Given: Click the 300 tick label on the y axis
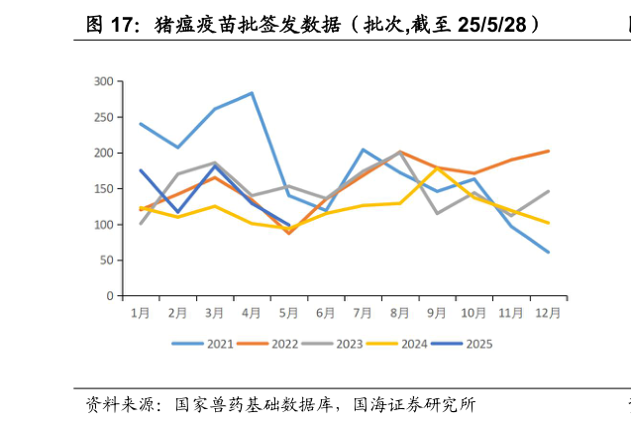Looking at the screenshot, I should (103, 81).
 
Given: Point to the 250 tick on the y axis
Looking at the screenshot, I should (103, 117).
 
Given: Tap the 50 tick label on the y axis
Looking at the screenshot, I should (106, 261).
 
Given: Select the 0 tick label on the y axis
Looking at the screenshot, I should (109, 296).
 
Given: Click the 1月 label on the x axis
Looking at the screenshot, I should (141, 313).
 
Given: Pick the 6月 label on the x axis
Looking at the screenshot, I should (326, 313).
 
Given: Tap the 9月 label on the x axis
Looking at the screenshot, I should (437, 313).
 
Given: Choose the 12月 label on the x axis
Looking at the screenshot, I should (548, 313).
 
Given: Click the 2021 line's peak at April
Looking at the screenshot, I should (252, 93).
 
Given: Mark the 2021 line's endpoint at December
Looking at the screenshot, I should (548, 252).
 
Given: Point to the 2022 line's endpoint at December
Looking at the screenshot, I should (548, 152).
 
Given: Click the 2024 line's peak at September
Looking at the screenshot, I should (437, 168).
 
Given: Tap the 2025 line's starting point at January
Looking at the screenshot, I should (141, 170).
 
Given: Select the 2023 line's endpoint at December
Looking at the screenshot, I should (548, 191).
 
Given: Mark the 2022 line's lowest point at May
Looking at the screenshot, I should (289, 233).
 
